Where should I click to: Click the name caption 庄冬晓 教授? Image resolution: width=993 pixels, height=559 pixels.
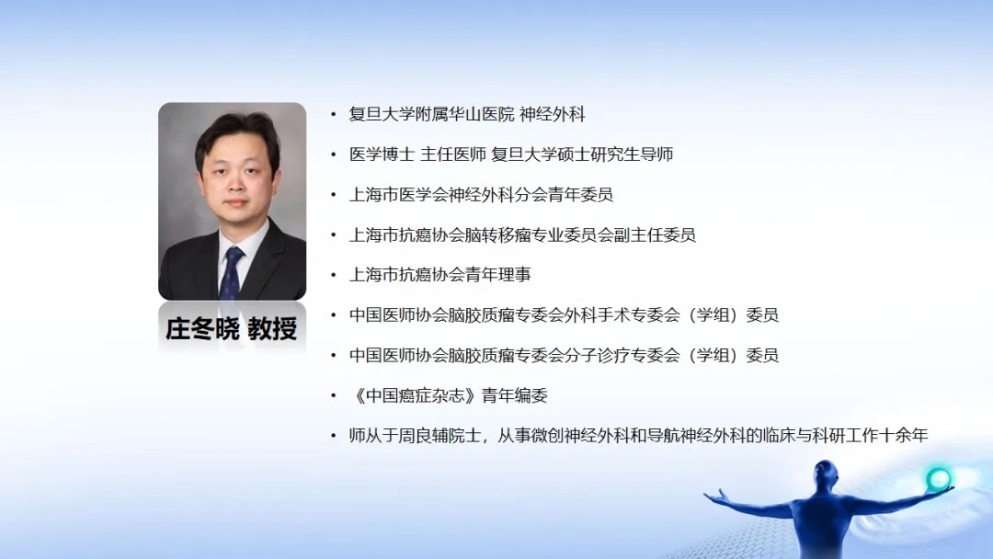point(232,328)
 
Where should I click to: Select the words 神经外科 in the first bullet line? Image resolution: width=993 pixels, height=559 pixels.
point(553,115)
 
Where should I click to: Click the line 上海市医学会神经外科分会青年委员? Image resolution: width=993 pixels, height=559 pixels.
point(481,195)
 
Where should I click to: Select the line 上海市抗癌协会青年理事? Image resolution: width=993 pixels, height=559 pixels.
point(440,275)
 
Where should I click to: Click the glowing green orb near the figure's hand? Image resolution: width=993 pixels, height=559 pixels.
point(938,478)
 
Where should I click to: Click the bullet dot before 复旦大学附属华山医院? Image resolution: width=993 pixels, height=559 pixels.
point(333,115)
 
